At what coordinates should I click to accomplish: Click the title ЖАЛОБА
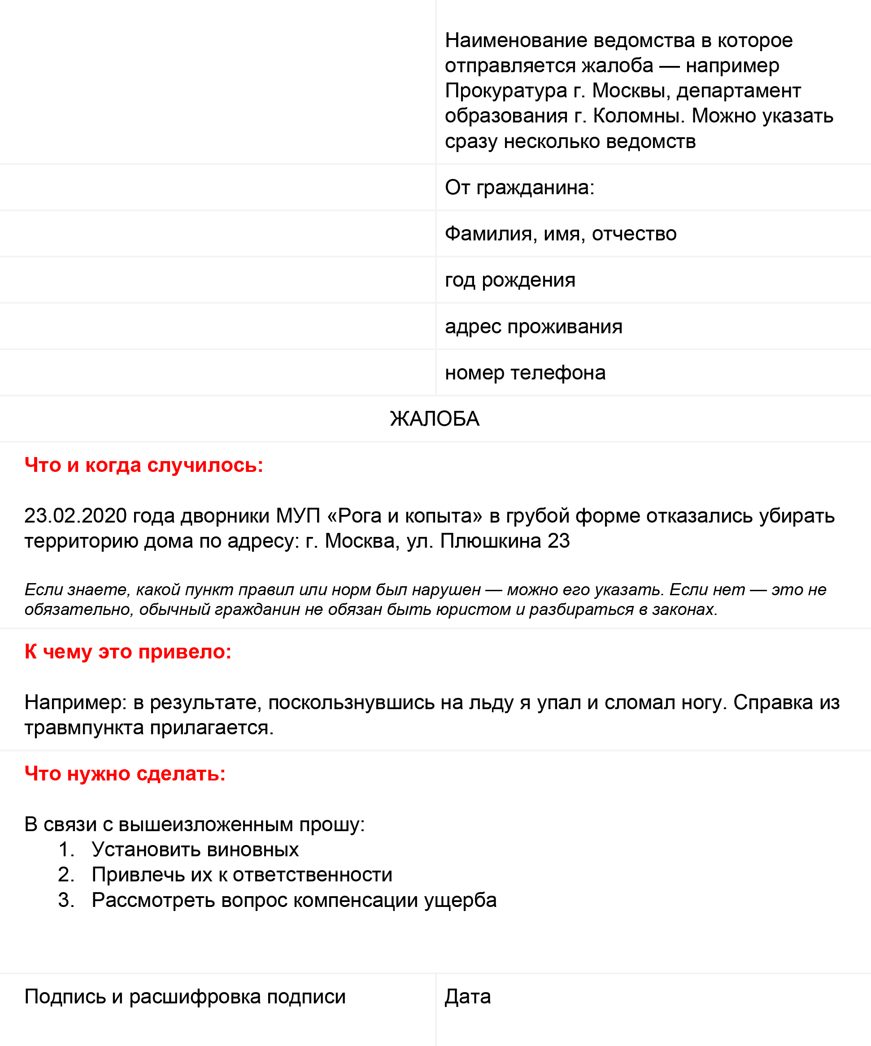tap(435, 419)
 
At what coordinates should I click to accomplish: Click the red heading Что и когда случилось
tap(144, 465)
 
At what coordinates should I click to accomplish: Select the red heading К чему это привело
tap(128, 652)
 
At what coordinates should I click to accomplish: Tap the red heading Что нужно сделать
tap(125, 774)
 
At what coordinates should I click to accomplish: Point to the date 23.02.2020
tap(75, 515)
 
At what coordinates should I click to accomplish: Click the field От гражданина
tap(519, 187)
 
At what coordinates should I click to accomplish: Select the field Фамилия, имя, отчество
tap(560, 234)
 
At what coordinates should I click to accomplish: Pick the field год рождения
tap(510, 280)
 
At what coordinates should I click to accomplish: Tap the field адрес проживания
tap(533, 326)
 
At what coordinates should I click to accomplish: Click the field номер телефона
tap(525, 373)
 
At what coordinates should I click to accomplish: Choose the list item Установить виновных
tap(195, 850)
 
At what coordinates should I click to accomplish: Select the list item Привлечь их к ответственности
tap(242, 875)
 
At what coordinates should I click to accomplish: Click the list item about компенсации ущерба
tap(294, 900)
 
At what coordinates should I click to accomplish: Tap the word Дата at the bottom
tap(468, 997)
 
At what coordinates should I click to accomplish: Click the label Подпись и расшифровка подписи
tap(185, 997)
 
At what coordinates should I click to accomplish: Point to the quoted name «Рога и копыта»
tap(405, 515)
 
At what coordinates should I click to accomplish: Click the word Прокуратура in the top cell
tap(506, 91)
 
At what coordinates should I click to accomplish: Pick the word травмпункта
tap(85, 728)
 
